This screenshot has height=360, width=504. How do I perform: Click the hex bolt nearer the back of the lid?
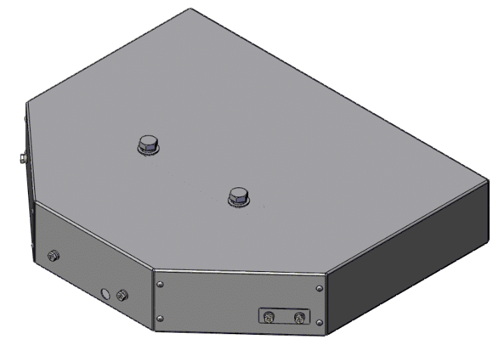pyautogui.click(x=148, y=143)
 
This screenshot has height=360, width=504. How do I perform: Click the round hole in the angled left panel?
pyautogui.click(x=106, y=294)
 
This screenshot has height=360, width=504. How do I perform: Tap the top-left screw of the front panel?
pyautogui.click(x=160, y=284)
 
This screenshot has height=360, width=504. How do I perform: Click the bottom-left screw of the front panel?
pyautogui.click(x=160, y=319)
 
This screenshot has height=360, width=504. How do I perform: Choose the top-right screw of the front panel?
pyautogui.click(x=319, y=287)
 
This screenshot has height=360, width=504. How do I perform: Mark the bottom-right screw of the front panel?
pyautogui.click(x=319, y=322)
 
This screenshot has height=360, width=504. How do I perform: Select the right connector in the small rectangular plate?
pyautogui.click(x=299, y=319)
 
